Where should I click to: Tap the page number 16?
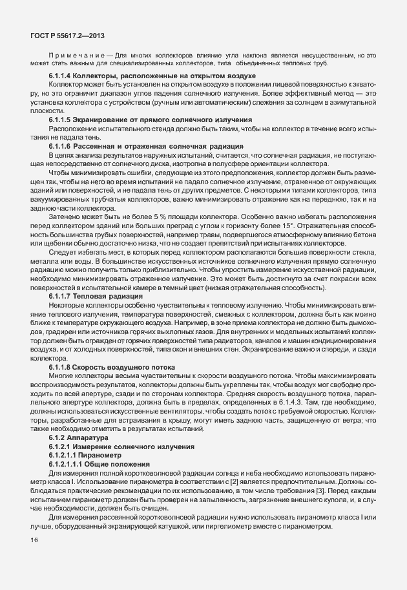34,540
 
